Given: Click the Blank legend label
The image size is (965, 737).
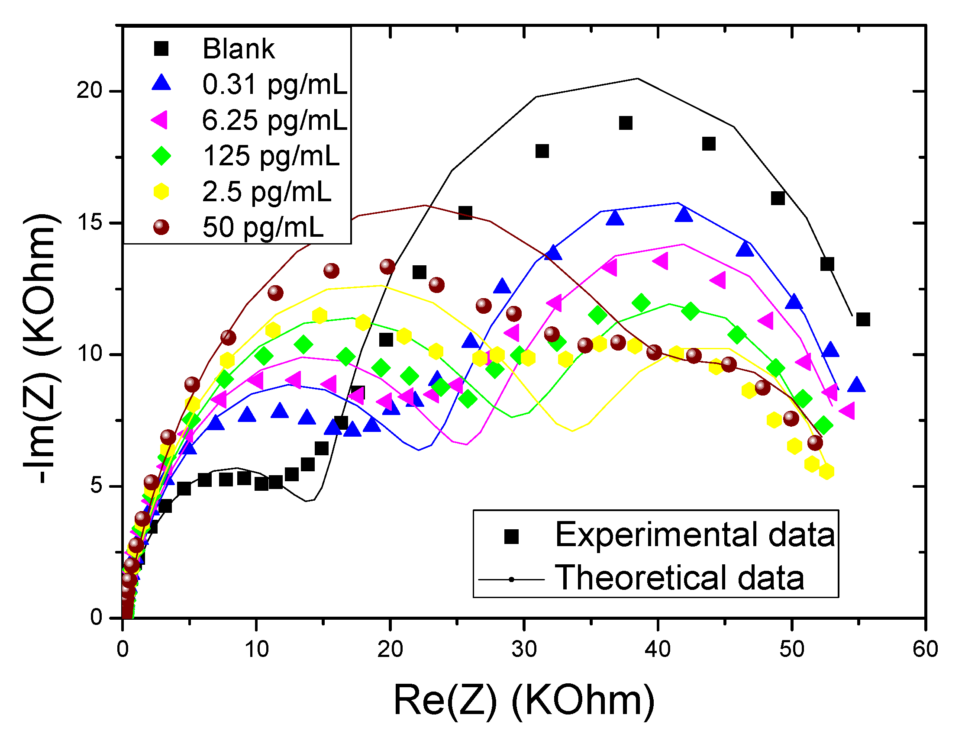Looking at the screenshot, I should (238, 49).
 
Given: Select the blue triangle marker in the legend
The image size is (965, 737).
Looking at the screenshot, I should (161, 83).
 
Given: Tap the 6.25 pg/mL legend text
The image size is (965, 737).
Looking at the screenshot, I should (274, 120).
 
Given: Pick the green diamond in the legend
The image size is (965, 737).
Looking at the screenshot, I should (161, 156).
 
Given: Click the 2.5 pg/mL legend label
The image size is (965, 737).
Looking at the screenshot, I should (266, 192).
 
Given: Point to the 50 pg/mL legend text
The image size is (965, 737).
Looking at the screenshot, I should (262, 227).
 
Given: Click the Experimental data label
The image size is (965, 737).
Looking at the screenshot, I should (695, 535).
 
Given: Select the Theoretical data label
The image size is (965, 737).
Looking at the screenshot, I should (679, 578).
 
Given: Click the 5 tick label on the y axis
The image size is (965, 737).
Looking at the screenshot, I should (97, 486).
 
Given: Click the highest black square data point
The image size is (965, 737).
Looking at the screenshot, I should (625, 123).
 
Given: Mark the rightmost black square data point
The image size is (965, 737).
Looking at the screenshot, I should (863, 319).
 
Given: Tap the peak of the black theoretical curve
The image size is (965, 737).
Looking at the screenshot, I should (637, 79).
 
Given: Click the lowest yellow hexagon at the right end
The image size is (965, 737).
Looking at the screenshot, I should (826, 472).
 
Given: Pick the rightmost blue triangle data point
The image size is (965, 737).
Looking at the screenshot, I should (856, 385).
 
